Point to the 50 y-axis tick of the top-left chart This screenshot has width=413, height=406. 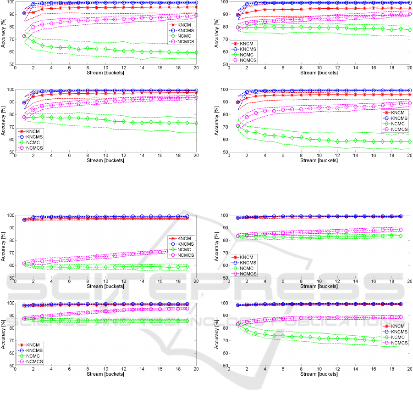(x=13, y=64)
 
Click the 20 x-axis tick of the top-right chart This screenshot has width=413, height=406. (x=409, y=68)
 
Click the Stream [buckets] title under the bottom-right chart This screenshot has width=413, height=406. (x=318, y=373)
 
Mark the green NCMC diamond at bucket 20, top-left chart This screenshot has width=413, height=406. (x=196, y=52)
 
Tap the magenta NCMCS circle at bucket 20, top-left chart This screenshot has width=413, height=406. (x=196, y=15)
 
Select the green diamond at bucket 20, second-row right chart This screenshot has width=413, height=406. (x=409, y=142)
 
